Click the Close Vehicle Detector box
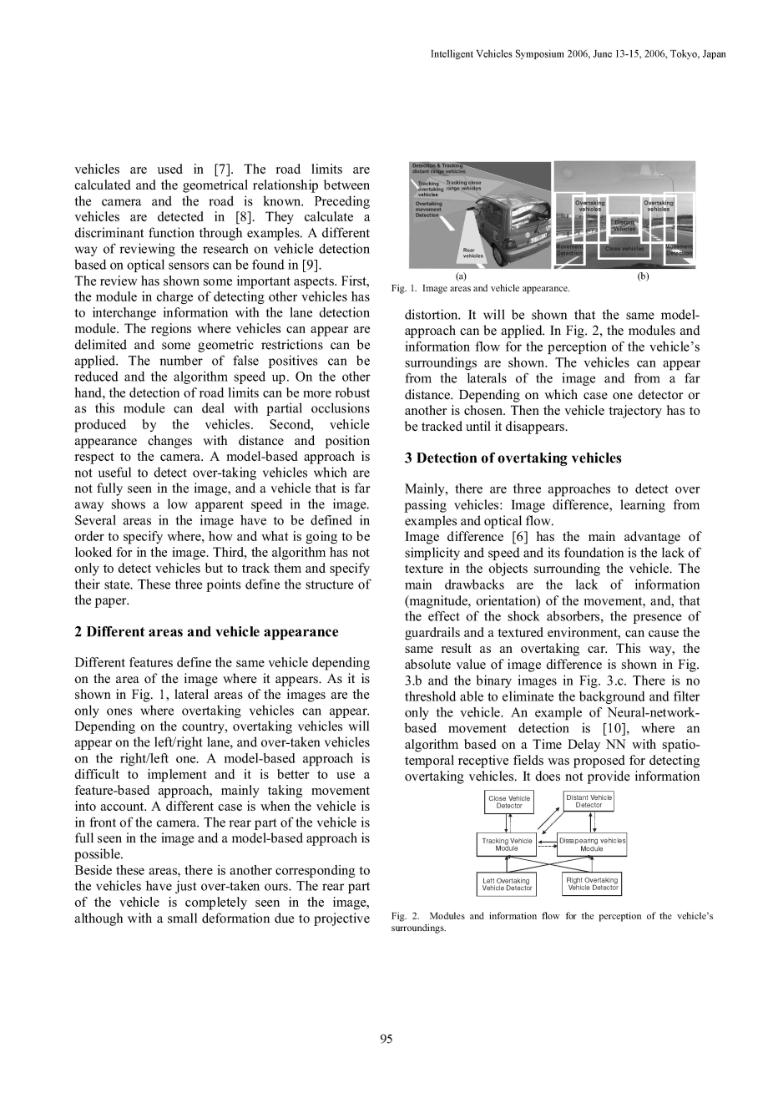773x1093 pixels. [x=509, y=802]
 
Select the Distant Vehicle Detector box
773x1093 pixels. [x=589, y=802]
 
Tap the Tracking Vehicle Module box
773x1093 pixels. [x=507, y=844]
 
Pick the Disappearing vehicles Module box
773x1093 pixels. [x=592, y=844]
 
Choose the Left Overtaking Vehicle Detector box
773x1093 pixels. [x=507, y=884]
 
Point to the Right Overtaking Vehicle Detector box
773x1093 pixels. [x=592, y=883]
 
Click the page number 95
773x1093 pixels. [x=386, y=1039]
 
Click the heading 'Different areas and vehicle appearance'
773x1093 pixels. [x=206, y=631]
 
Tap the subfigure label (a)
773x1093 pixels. [x=461, y=276]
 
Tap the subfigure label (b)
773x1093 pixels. [x=642, y=276]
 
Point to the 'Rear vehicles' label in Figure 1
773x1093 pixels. [x=473, y=252]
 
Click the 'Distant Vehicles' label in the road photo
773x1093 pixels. [x=625, y=225]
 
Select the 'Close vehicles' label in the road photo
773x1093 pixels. [x=624, y=248]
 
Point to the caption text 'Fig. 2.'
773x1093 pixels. [x=403, y=916]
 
